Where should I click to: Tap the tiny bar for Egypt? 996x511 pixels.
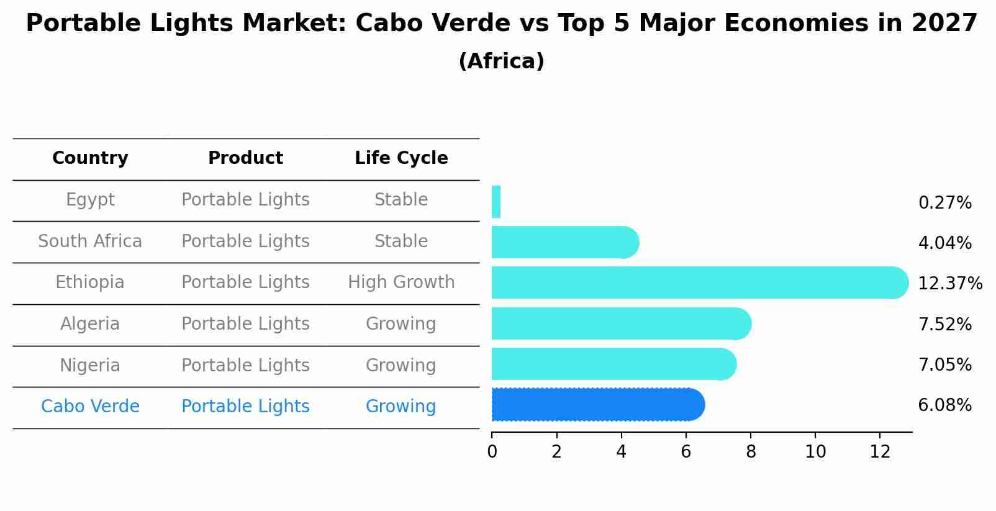[x=496, y=202]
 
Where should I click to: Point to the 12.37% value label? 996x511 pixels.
[x=949, y=284]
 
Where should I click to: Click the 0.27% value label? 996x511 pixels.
[x=944, y=203]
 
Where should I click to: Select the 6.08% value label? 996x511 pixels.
[x=944, y=405]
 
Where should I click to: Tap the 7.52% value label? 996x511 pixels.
[x=944, y=324]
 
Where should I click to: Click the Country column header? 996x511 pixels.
[x=90, y=158]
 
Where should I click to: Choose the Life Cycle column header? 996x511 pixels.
[x=401, y=158]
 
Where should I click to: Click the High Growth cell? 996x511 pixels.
[x=401, y=283]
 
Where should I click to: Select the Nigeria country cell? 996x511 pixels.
[x=90, y=365]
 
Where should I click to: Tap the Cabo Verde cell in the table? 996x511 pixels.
[x=90, y=407]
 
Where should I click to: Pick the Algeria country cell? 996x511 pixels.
[x=90, y=324]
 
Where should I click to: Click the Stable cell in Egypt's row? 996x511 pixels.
[x=401, y=200]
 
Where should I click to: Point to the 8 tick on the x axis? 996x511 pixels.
[x=751, y=451]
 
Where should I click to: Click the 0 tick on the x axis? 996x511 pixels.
[x=492, y=451]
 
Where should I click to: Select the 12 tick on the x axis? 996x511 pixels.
[x=880, y=451]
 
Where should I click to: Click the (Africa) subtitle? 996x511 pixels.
[x=501, y=61]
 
